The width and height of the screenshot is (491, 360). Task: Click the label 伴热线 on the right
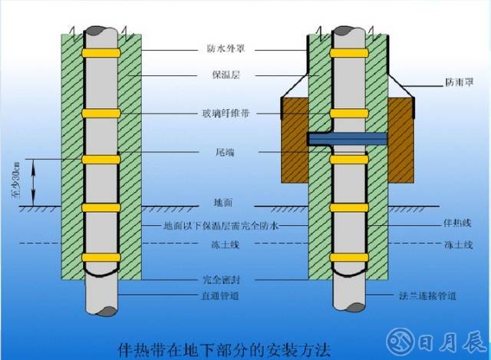pyautogui.click(x=458, y=223)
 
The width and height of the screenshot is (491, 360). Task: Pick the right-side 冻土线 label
pyautogui.click(x=458, y=245)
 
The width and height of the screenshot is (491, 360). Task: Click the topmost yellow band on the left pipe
pyautogui.click(x=102, y=54)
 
